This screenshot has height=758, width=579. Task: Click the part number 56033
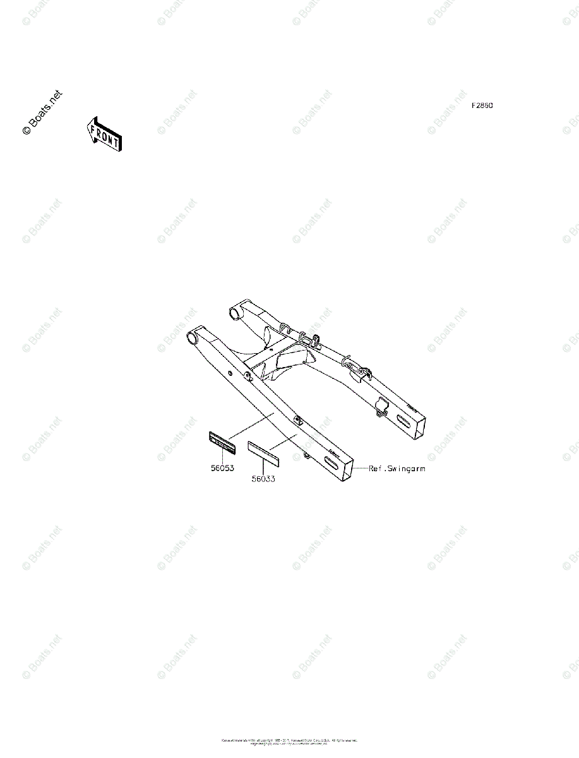pyautogui.click(x=263, y=479)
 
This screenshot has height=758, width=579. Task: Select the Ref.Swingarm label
pyautogui.click(x=397, y=469)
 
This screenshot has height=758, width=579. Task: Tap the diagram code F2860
pyautogui.click(x=482, y=105)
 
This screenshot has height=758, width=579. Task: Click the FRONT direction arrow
pyautogui.click(x=104, y=133)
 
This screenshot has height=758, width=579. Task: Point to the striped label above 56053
pyautogui.click(x=222, y=441)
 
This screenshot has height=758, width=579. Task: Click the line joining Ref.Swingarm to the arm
pyautogui.click(x=361, y=469)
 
